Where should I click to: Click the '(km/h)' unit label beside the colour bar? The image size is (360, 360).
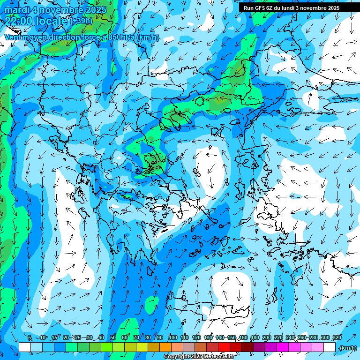point(348,348)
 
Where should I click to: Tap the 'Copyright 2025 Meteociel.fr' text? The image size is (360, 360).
point(199,357)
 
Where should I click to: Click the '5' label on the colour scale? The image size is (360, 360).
point(30,337)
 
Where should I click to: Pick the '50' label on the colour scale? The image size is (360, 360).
point(113,337)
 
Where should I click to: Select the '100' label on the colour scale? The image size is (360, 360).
point(172,337)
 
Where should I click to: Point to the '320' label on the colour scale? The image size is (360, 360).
point(337,337)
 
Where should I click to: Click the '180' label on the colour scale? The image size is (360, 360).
point(255,337)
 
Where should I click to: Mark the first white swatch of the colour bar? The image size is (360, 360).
point(25,347)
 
